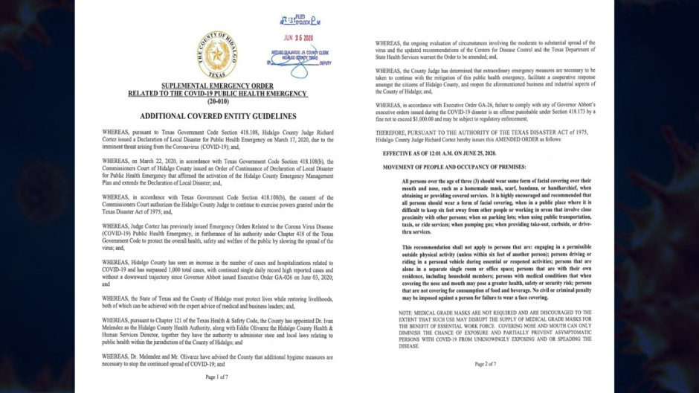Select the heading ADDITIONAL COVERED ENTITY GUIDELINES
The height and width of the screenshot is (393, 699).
pyautogui.click(x=217, y=117)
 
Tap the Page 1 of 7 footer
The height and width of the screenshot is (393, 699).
pyautogui.click(x=217, y=378)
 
